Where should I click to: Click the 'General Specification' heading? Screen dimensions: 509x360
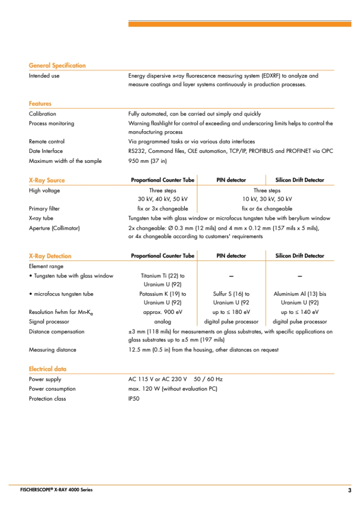click(x=57, y=65)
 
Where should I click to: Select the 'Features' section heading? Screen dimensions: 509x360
click(x=40, y=103)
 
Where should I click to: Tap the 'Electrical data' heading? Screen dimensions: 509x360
click(x=47, y=369)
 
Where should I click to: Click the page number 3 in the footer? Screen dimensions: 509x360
click(x=350, y=490)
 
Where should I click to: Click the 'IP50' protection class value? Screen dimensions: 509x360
click(x=134, y=399)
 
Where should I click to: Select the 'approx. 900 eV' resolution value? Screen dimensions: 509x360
click(x=162, y=312)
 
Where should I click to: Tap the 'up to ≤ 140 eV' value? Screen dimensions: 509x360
click(x=300, y=312)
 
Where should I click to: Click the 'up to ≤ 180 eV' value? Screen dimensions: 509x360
click(x=231, y=312)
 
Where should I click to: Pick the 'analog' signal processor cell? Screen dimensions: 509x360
click(x=162, y=322)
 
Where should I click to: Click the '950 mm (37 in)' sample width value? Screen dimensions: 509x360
click(x=147, y=161)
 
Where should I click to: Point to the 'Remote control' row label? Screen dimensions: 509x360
click(x=47, y=141)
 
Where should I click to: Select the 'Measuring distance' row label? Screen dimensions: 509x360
click(x=53, y=350)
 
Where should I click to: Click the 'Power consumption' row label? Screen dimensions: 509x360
click(x=52, y=389)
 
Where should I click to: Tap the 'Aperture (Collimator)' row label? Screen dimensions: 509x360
click(x=54, y=228)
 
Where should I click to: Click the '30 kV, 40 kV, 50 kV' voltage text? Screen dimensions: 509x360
click(x=162, y=199)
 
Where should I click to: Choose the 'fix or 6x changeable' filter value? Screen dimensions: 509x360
click(x=267, y=209)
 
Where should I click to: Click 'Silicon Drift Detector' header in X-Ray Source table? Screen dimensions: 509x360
click(x=300, y=180)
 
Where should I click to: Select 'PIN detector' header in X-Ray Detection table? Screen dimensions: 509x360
click(x=231, y=256)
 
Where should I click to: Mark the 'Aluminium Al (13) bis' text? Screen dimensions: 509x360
click(x=300, y=294)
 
